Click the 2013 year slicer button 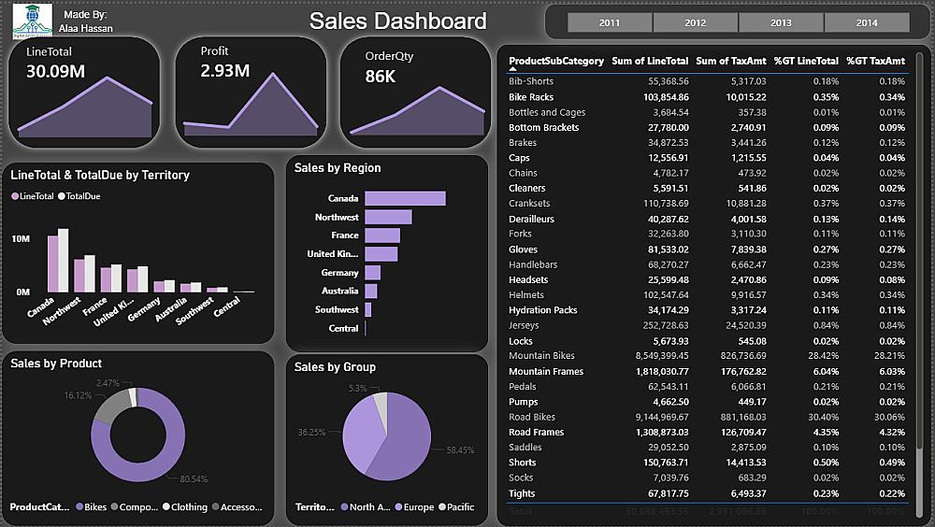pyautogui.click(x=781, y=22)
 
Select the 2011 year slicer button pyautogui.click(x=609, y=22)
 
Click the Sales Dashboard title pyautogui.click(x=397, y=21)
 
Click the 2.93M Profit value pyautogui.click(x=224, y=71)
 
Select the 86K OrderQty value pyautogui.click(x=381, y=77)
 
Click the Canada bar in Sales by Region pyautogui.click(x=405, y=198)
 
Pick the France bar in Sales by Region pyautogui.click(x=382, y=235)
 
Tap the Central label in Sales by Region pyautogui.click(x=343, y=329)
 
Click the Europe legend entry pyautogui.click(x=418, y=507)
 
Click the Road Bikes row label pyautogui.click(x=532, y=417)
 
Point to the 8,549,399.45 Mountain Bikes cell pyautogui.click(x=652, y=356)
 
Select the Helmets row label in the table pyautogui.click(x=525, y=295)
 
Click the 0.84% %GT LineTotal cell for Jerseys pyautogui.click(x=819, y=325)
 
